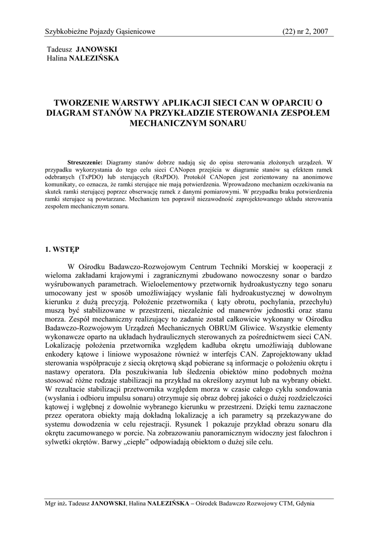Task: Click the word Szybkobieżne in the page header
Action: click(x=68, y=32)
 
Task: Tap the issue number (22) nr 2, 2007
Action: click(x=305, y=32)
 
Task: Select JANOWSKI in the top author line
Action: click(x=97, y=50)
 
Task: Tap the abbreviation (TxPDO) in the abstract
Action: click(x=92, y=177)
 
